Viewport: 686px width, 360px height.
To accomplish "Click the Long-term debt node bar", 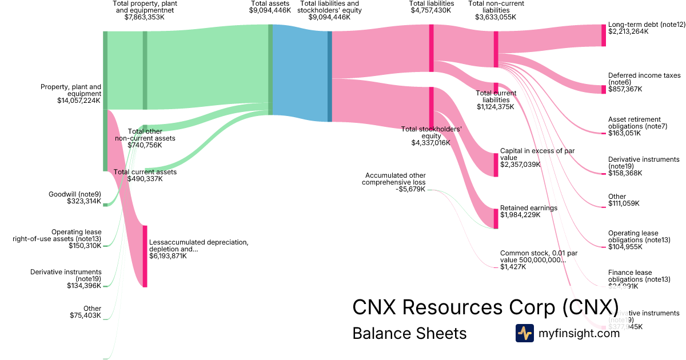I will (603, 35).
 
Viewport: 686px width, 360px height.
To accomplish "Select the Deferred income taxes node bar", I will (603, 89).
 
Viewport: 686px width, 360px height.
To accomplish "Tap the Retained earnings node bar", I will (496, 219).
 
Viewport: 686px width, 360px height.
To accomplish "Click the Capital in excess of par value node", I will (496, 165).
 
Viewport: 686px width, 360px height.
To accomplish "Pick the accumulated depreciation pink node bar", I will (145, 256).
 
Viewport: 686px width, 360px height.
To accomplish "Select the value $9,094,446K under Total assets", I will (270, 10).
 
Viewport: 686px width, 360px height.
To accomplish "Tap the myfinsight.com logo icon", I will (524, 333).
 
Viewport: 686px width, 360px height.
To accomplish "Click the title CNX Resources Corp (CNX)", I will (485, 307).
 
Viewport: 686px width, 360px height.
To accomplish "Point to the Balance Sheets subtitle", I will (409, 333).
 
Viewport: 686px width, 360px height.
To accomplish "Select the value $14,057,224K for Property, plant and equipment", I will (79, 101).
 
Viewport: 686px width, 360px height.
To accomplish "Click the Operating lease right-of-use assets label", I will (57, 235).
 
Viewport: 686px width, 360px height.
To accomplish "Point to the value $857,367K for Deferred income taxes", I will (625, 89).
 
